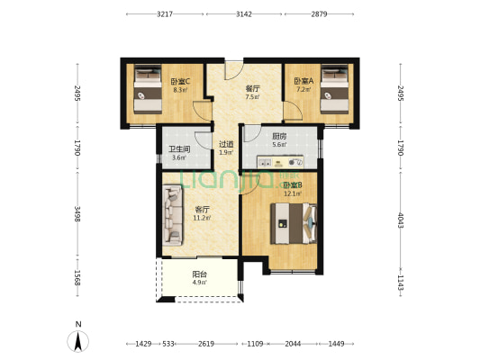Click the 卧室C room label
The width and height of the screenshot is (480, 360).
[x=180, y=81]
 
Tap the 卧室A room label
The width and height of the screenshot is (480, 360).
[x=303, y=81]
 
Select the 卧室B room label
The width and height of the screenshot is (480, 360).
[x=293, y=185]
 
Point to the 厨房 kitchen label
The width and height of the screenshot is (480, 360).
[x=279, y=136]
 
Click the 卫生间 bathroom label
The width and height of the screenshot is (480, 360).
[x=179, y=149]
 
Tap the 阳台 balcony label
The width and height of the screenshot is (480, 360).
[x=200, y=274]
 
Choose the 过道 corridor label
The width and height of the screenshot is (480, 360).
[x=226, y=144]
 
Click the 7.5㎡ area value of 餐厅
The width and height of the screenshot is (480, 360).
[x=252, y=97]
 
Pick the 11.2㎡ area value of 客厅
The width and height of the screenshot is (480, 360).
[x=202, y=218]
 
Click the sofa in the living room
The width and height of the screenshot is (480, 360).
[x=173, y=215]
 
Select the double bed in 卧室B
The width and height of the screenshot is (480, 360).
[x=294, y=223]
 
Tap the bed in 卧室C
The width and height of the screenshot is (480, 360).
[x=148, y=89]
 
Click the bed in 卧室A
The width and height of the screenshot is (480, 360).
[x=334, y=89]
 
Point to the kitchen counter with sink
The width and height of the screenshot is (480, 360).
[x=280, y=162]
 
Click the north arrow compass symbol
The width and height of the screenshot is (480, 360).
[x=78, y=341]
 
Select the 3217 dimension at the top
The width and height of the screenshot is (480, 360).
[x=165, y=14]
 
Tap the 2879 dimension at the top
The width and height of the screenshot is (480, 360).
[x=320, y=14]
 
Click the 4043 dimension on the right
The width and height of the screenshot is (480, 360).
[x=401, y=220]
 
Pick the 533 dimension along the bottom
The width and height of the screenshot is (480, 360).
[x=168, y=344]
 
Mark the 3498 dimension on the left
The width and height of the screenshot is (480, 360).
[x=77, y=214]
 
